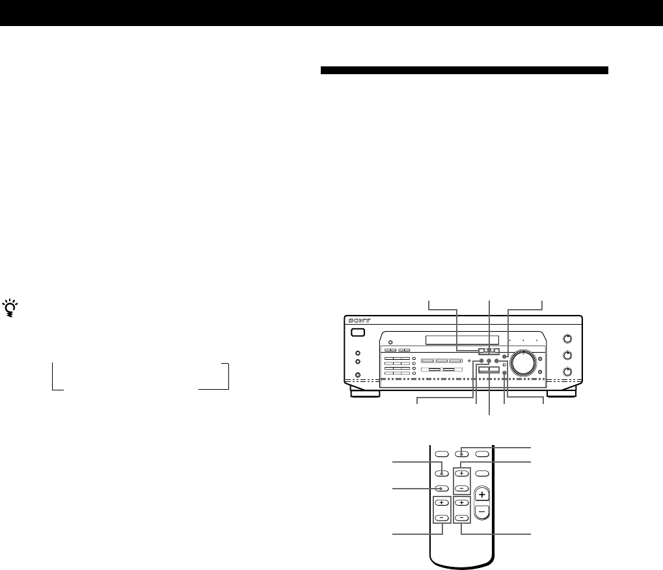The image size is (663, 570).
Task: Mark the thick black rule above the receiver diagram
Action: point(465,70)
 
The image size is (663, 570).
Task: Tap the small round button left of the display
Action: point(390,344)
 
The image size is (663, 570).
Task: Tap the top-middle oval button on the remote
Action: point(461,454)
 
